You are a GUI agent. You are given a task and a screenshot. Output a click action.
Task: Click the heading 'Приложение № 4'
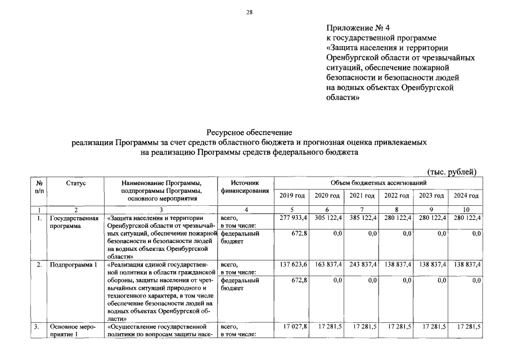(x=357, y=28)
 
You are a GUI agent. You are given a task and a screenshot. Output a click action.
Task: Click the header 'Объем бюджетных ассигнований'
(x=378, y=183)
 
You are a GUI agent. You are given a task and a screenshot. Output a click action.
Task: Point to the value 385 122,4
(x=362, y=217)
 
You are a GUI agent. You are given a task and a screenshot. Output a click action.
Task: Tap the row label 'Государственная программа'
(x=74, y=222)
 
